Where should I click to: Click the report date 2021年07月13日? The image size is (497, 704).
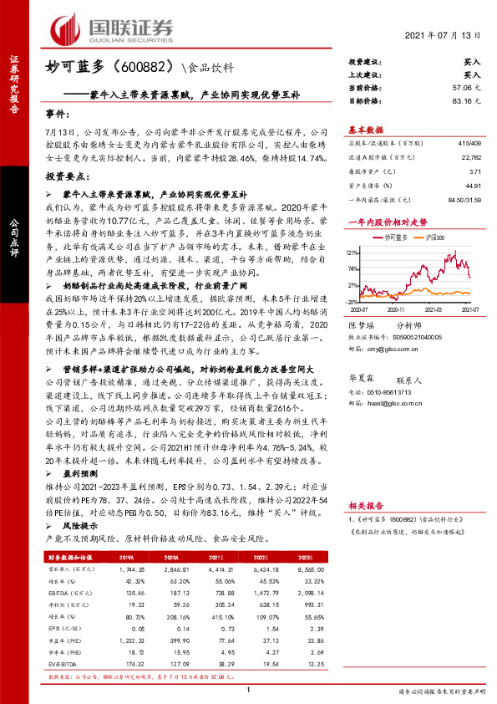click(444, 37)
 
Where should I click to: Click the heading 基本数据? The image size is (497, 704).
click(365, 130)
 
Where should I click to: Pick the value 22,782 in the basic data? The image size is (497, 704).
click(470, 156)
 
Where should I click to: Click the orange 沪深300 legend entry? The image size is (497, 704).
click(438, 238)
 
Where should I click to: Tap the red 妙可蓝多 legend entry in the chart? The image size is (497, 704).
click(396, 238)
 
